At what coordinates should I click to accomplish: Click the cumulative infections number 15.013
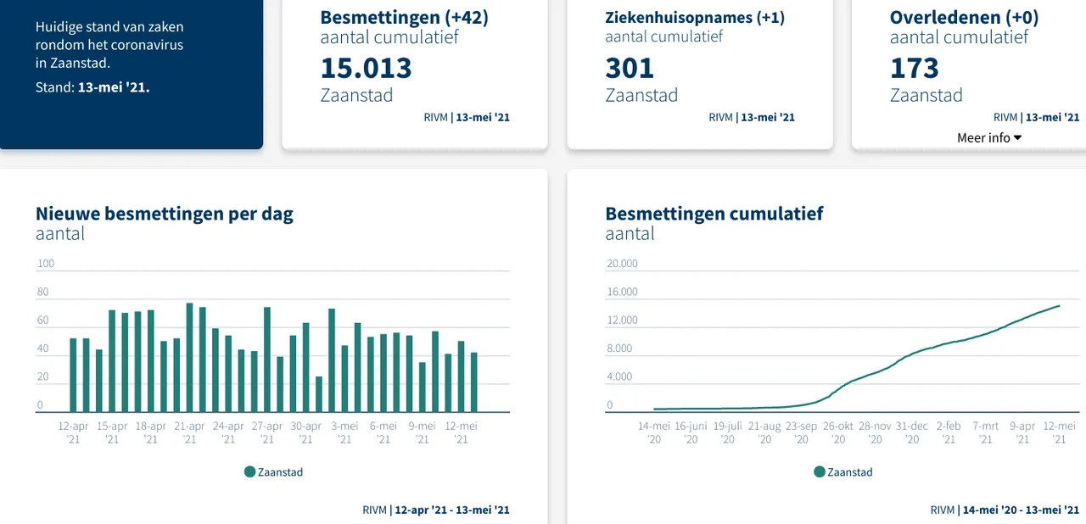coord(366,68)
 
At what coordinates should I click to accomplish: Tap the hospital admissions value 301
coord(630,68)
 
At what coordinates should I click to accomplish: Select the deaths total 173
coord(915,68)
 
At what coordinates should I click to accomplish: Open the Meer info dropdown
coord(989,137)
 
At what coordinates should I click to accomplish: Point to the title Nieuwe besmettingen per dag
coord(165,214)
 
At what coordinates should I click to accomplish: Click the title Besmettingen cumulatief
coord(714,214)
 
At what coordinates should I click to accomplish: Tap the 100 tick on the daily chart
coord(46,264)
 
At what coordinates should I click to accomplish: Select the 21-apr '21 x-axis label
coord(189,432)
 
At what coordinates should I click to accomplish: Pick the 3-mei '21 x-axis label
coord(344,432)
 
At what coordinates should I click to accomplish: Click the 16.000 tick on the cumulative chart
coord(622,293)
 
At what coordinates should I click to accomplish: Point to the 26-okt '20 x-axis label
coord(838,432)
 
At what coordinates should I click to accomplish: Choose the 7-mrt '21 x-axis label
coord(986,432)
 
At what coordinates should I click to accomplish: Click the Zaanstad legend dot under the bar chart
coord(249,472)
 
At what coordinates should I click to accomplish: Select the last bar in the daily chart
coord(473,382)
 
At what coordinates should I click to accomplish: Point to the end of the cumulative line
coord(1059,305)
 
